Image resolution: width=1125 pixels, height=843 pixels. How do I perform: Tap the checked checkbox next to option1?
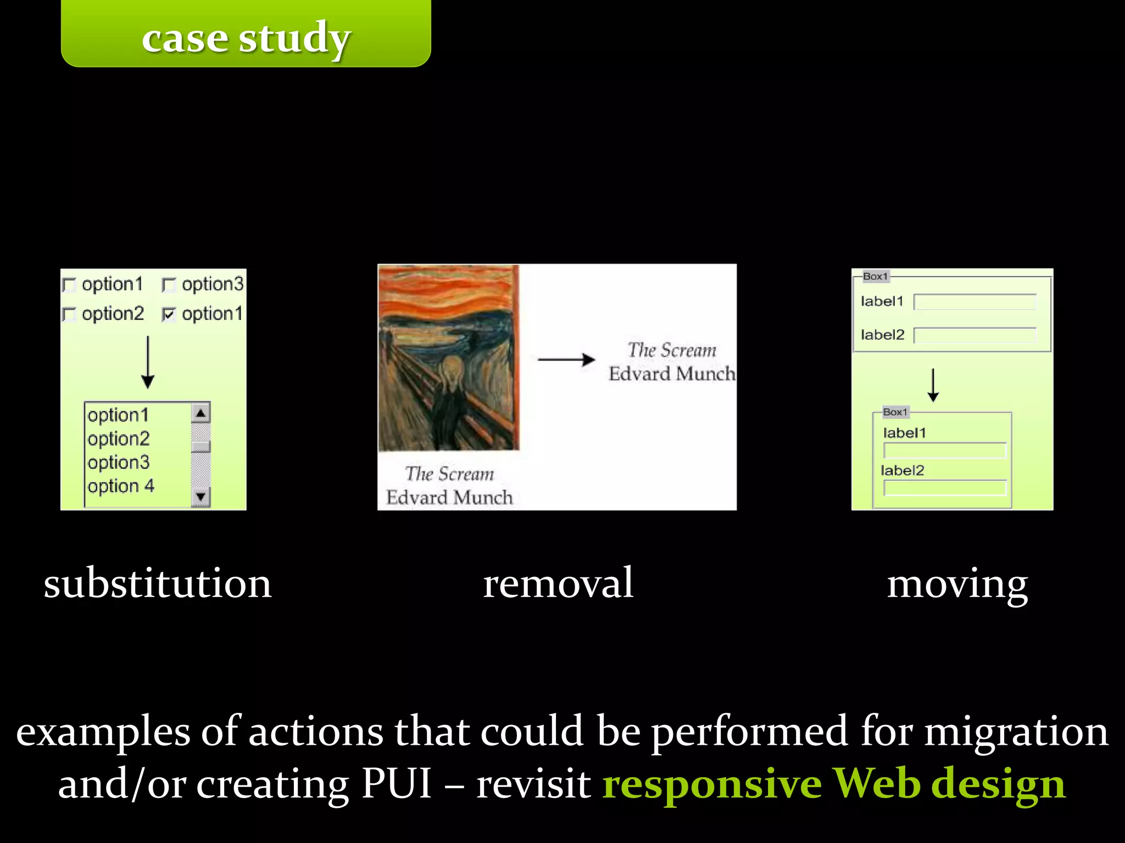[169, 314]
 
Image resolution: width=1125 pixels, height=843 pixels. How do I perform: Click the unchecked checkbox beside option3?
[169, 285]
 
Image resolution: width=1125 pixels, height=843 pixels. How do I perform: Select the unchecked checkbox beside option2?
[69, 314]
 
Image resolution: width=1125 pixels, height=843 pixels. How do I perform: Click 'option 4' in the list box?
[121, 486]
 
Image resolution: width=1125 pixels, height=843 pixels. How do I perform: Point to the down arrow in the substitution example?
[148, 362]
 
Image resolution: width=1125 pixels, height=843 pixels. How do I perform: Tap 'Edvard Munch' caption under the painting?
[449, 498]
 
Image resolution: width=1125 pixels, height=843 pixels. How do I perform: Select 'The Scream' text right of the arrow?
[672, 350]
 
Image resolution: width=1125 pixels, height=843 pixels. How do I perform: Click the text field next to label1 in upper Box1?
[975, 302]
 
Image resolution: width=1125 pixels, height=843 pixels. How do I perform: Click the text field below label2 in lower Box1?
[945, 488]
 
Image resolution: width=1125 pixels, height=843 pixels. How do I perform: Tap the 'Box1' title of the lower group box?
[895, 412]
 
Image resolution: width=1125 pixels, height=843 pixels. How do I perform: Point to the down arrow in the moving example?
[933, 385]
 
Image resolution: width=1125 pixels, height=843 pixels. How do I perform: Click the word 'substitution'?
[158, 583]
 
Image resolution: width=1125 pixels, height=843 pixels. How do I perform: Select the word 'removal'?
[558, 583]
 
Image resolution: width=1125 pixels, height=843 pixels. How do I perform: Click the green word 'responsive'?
[711, 784]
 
